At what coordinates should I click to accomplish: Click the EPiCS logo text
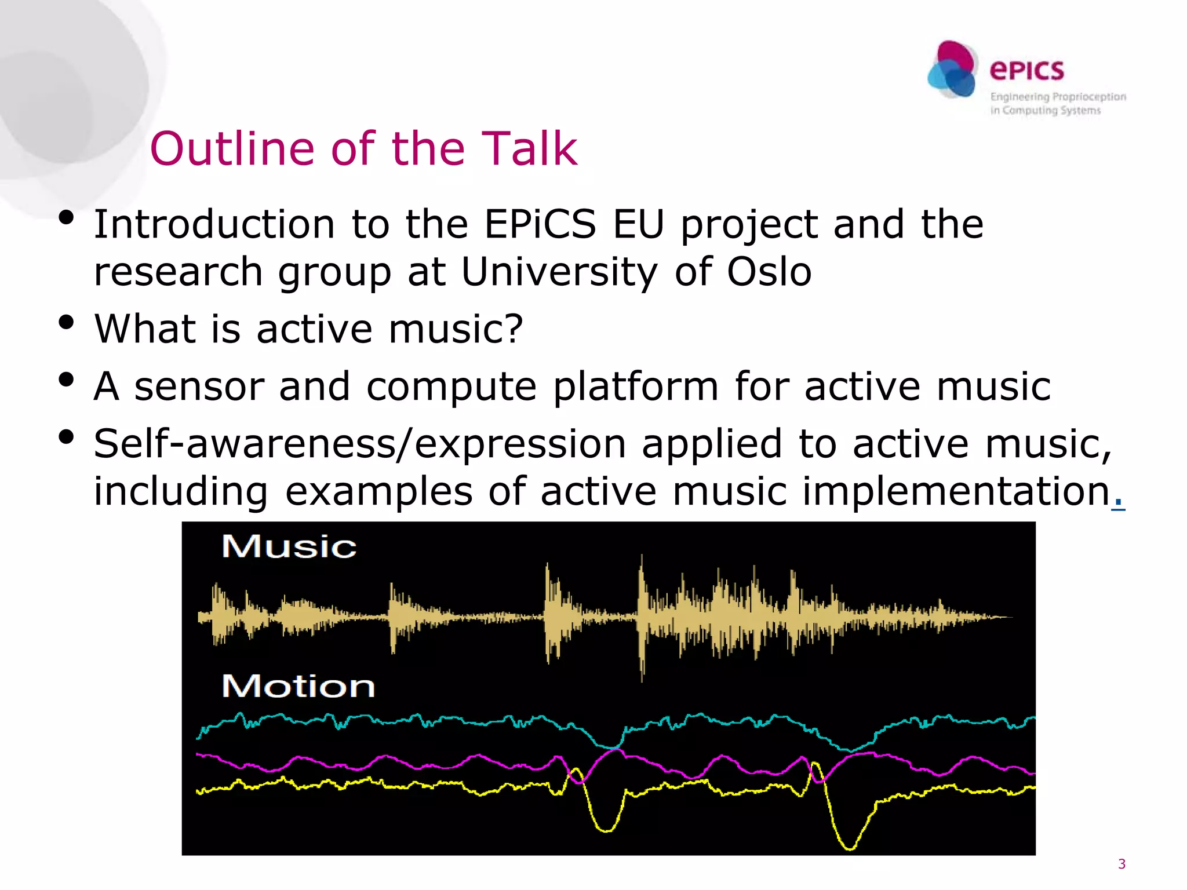(x=1026, y=70)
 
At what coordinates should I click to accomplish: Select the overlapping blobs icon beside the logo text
(x=952, y=70)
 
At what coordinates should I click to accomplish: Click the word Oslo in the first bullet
(x=769, y=272)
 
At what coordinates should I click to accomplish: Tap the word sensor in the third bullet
(x=199, y=386)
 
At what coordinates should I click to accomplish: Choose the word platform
(x=635, y=386)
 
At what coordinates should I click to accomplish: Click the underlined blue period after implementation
(x=1119, y=499)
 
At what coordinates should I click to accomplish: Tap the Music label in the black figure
(x=289, y=546)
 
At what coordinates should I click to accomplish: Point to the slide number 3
(x=1122, y=864)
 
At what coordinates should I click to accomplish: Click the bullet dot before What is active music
(x=67, y=322)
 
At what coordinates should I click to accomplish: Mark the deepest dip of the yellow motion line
(x=850, y=848)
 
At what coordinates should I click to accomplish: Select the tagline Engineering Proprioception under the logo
(x=1058, y=97)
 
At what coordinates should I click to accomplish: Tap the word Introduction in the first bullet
(x=214, y=224)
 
